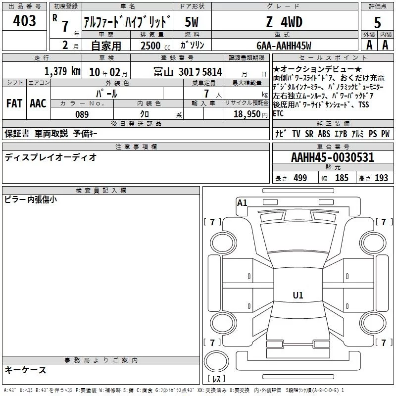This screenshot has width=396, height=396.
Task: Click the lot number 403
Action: coord(24,20)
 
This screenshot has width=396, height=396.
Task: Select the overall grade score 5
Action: coord(377,22)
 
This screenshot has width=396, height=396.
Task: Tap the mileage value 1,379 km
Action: coord(62,71)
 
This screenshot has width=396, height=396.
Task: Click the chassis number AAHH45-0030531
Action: coord(333,157)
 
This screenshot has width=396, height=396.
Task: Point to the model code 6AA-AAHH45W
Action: coord(284,46)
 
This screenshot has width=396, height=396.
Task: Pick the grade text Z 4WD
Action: coord(284,22)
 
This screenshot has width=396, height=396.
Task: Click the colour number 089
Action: coord(82,114)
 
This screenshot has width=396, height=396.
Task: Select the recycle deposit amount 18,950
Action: coord(247,114)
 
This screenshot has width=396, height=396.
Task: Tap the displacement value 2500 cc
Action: coord(155,46)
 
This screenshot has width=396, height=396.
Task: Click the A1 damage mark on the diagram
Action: coord(242,203)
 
